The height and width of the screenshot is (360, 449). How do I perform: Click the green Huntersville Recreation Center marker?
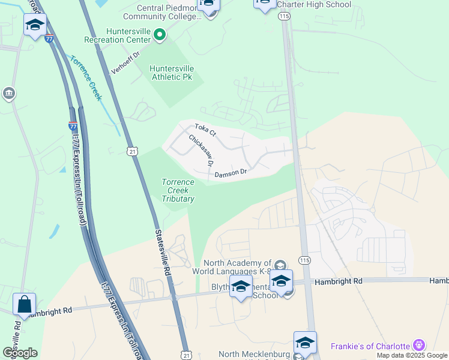(159, 35)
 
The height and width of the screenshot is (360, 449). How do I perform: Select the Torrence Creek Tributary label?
(178, 190)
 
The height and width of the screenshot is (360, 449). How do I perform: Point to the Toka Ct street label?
(204, 129)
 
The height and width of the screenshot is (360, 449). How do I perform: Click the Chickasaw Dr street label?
(201, 151)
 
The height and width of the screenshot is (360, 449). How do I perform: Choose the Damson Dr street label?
(231, 173)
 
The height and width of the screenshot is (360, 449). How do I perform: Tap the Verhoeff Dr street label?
(125, 63)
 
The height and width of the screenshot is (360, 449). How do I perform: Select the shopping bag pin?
(24, 304)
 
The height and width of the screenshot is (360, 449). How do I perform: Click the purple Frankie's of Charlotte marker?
(419, 346)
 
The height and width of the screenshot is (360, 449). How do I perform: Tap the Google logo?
(19, 353)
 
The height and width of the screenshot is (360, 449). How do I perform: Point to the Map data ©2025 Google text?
(412, 355)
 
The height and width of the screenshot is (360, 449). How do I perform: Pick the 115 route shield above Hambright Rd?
(304, 260)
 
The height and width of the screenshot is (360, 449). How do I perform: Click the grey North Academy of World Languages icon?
(280, 265)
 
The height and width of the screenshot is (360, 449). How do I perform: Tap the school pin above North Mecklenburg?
(305, 343)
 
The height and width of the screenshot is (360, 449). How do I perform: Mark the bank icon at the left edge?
(9, 94)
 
